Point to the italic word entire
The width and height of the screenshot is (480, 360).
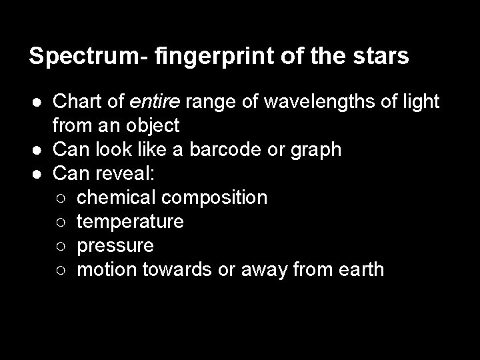155,102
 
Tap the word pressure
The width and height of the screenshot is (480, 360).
115,246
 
